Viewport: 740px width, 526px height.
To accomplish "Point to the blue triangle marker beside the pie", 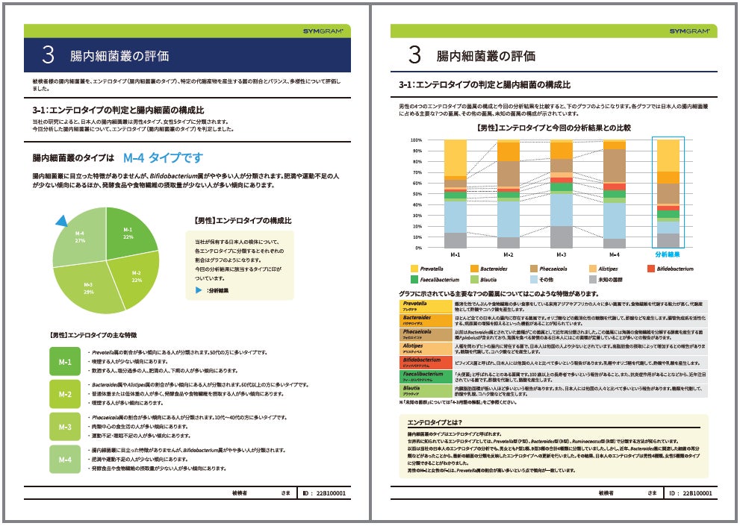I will click(x=61, y=219).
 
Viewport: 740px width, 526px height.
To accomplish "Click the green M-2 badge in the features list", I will click(x=65, y=393).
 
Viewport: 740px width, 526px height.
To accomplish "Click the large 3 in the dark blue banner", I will click(x=49, y=55).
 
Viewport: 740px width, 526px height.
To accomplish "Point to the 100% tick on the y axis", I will click(x=416, y=140).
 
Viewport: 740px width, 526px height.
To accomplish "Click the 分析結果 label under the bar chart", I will click(x=668, y=254).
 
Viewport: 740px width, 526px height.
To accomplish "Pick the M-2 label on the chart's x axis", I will click(x=508, y=254).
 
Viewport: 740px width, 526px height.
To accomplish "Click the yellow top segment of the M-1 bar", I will click(x=455, y=157).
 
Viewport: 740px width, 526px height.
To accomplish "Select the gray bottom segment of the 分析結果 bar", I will click(x=668, y=240).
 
